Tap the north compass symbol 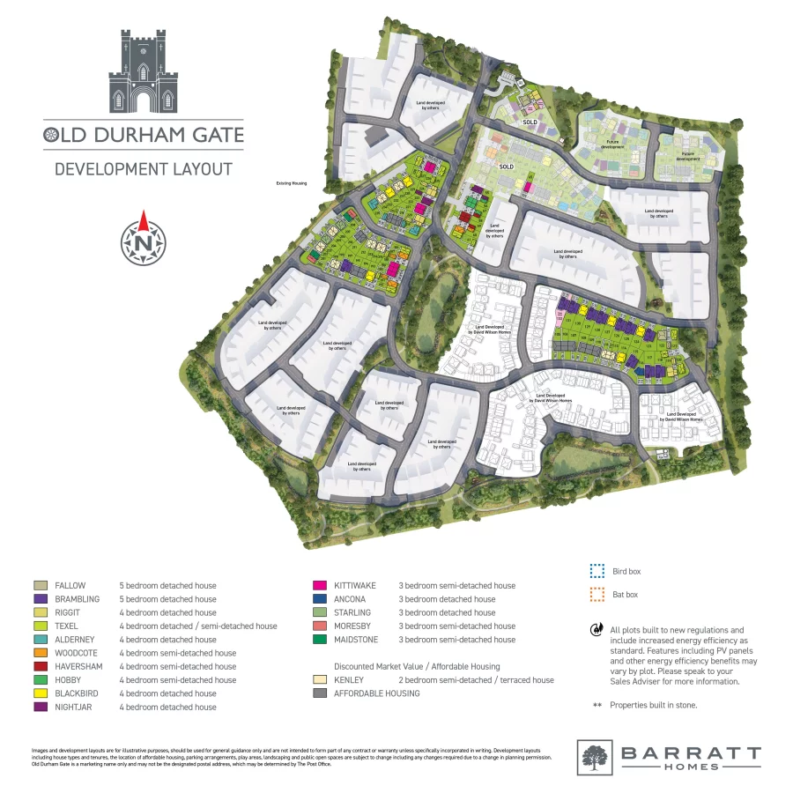click(143, 238)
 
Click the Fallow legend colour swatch click(40, 585)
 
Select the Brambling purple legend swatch click(40, 599)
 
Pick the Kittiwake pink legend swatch click(319, 585)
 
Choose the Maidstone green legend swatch click(319, 640)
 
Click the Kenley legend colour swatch click(319, 680)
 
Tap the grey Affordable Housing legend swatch click(319, 693)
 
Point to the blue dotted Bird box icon click(597, 571)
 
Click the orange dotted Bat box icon click(597, 593)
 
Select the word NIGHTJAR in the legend click(74, 708)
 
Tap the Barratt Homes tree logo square click(595, 757)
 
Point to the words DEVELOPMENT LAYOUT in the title click(143, 168)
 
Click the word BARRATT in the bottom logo click(690, 752)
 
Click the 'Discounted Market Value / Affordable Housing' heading click(417, 666)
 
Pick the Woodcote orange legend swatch click(40, 653)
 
